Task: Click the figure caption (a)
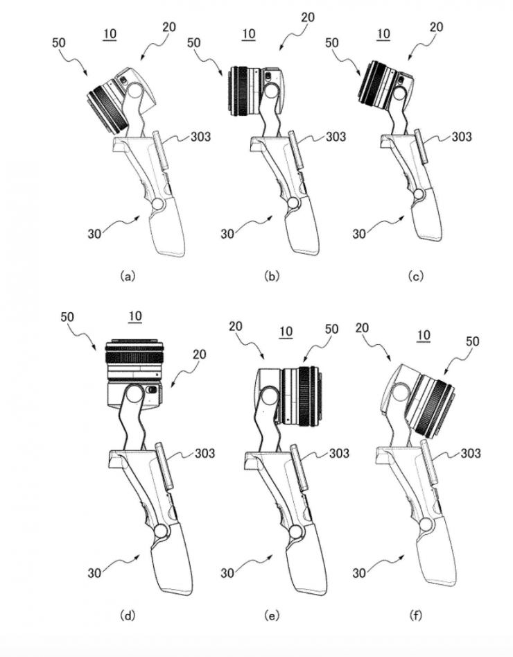[126, 275]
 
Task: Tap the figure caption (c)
[415, 275]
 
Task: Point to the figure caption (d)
[126, 615]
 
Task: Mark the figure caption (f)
[415, 615]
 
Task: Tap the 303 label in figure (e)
[338, 453]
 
